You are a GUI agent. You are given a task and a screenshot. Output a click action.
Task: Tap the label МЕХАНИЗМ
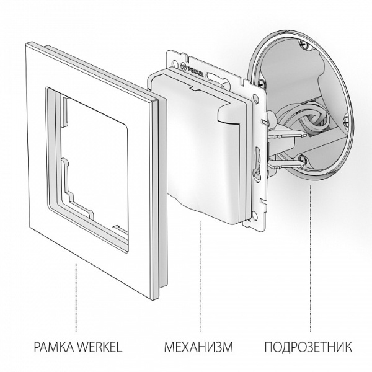click(199, 345)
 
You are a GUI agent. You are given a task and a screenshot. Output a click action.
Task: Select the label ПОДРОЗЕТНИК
click(308, 345)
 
